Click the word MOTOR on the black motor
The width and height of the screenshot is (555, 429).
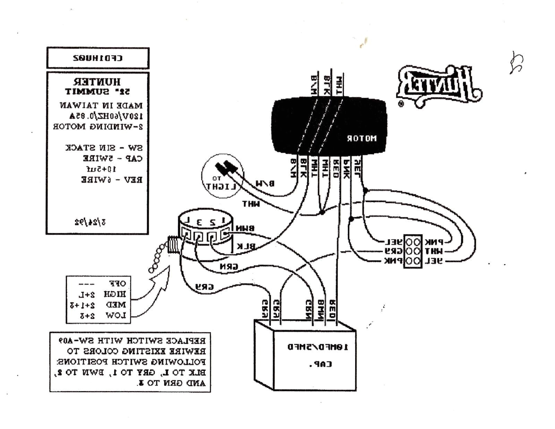pyautogui.click(x=361, y=138)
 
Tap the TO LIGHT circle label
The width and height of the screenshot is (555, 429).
pyautogui.click(x=221, y=184)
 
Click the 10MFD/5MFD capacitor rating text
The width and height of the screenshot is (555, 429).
pyautogui.click(x=317, y=347)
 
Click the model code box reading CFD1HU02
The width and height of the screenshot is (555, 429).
pyautogui.click(x=98, y=58)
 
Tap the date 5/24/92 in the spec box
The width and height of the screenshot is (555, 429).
pyautogui.click(x=90, y=222)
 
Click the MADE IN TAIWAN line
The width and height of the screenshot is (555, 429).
pyautogui.click(x=101, y=105)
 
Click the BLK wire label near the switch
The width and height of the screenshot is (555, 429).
pyautogui.click(x=246, y=246)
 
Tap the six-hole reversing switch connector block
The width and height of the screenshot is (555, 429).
pyautogui.click(x=413, y=251)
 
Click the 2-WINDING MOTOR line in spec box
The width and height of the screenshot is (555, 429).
pyautogui.click(x=98, y=126)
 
